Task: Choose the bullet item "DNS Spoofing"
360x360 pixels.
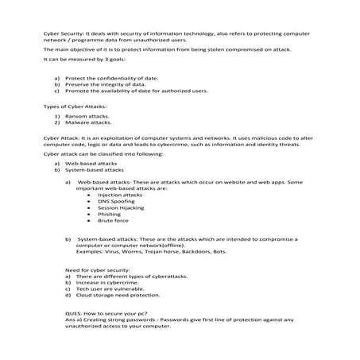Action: pyautogui.click(x=116, y=201)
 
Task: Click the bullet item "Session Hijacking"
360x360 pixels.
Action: pyautogui.click(x=121, y=207)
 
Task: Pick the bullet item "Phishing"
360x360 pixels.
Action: pyautogui.click(x=110, y=215)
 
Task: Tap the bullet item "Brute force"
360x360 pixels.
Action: pyautogui.click(x=113, y=221)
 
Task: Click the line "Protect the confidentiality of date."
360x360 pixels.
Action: pyautogui.click(x=111, y=78)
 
